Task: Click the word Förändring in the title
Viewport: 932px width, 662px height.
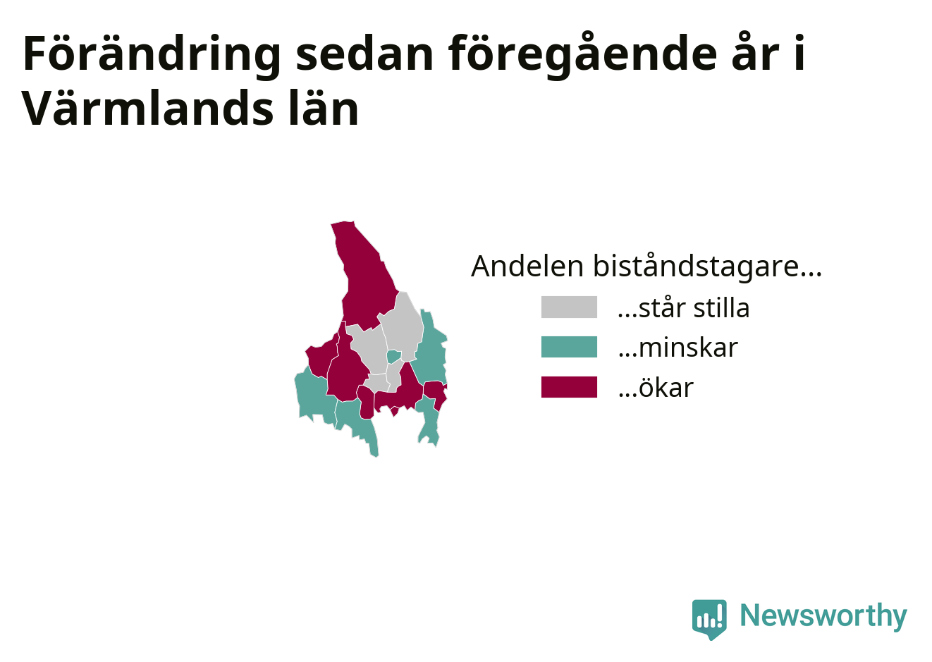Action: tap(152, 55)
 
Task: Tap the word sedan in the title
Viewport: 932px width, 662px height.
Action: tap(365, 55)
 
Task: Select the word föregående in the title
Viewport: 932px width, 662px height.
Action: tap(582, 55)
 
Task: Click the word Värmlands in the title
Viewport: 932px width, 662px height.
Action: tap(148, 107)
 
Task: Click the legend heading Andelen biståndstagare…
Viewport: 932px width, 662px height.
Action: tap(646, 266)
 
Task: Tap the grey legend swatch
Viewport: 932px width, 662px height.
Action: tap(569, 307)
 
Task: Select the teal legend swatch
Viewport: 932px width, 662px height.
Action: tap(569, 347)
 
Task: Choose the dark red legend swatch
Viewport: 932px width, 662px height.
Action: tap(569, 387)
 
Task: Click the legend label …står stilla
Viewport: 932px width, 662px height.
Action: tap(684, 308)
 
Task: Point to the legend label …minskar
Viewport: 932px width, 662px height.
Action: tap(677, 348)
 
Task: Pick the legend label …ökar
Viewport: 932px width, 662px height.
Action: tap(656, 387)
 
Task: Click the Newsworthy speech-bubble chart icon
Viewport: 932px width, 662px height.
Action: tap(709, 618)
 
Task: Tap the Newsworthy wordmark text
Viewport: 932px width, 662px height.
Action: tap(823, 616)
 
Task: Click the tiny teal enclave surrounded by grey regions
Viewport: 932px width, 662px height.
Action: tap(393, 357)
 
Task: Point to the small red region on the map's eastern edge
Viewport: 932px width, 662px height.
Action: tap(436, 393)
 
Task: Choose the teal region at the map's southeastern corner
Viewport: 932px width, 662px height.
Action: tap(429, 420)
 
